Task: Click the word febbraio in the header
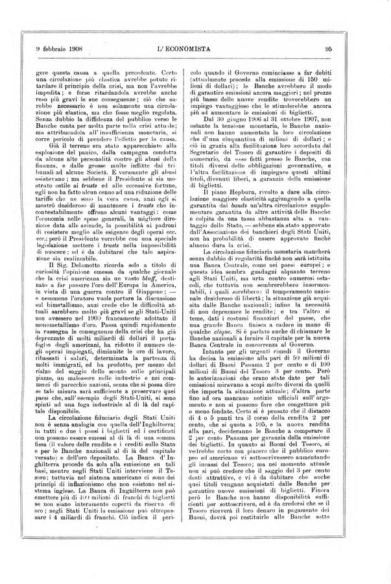[x=47, y=48]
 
